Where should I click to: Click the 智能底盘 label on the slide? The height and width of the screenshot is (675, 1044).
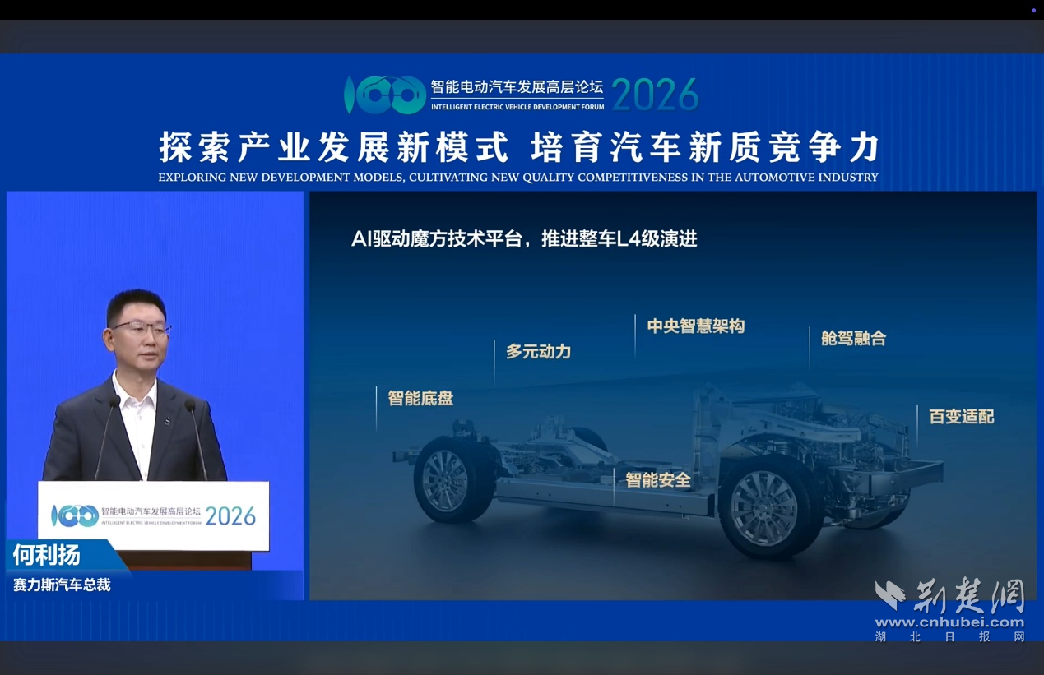tap(420, 399)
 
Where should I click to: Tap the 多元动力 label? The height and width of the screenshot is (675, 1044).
tap(538, 352)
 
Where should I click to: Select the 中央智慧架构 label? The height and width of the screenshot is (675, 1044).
tap(695, 326)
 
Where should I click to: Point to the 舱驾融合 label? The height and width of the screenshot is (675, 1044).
tap(853, 339)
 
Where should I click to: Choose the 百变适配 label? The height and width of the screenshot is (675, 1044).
tap(961, 417)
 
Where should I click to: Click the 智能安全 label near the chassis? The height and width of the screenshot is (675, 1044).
tap(657, 480)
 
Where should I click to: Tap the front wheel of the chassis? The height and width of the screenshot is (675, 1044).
tap(763, 506)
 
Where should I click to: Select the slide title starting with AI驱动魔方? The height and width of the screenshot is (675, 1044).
tap(524, 239)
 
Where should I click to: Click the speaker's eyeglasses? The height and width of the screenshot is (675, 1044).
tap(141, 329)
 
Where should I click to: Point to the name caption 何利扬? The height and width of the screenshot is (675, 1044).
tap(47, 555)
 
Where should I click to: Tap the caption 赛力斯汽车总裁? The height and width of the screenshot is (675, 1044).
tap(62, 585)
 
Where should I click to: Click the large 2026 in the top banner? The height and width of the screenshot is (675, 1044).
tap(654, 96)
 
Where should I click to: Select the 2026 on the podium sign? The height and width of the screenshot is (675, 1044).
tap(230, 516)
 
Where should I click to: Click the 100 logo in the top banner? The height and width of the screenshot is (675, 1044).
tap(384, 95)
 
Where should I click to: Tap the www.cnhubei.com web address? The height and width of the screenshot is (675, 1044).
tap(949, 622)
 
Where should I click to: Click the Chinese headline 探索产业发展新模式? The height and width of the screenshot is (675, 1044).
tap(334, 148)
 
